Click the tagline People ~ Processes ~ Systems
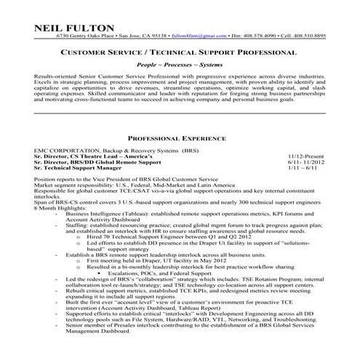(x=180, y=65)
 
